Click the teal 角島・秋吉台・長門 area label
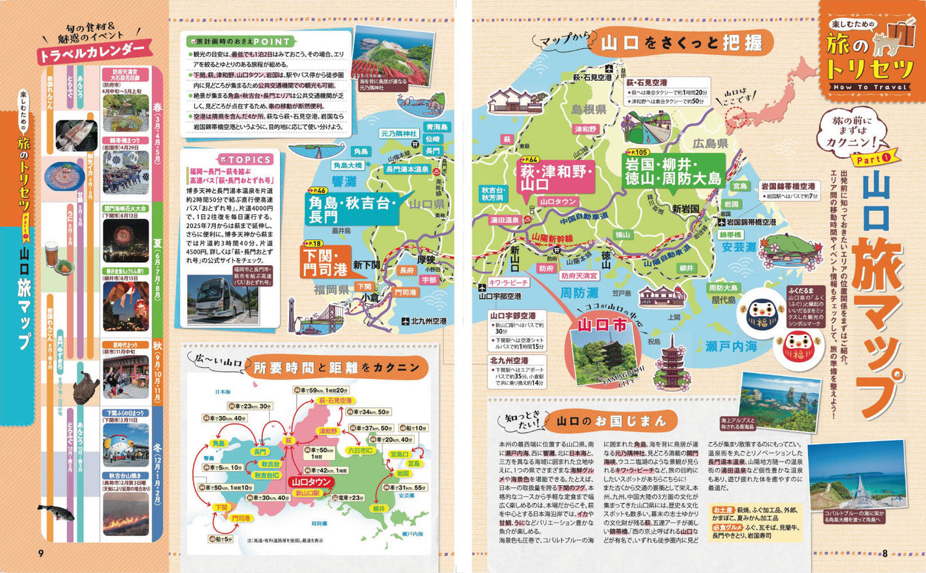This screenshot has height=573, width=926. click(x=353, y=209)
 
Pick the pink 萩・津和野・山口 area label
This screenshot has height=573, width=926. click(x=557, y=176)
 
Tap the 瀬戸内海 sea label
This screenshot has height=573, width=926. click(x=731, y=346)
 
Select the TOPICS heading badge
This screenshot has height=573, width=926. click(x=245, y=160)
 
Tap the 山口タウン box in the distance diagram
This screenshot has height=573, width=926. click(x=311, y=481)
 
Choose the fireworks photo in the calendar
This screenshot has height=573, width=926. click(x=126, y=240)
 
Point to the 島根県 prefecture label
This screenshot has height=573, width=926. click(x=589, y=109)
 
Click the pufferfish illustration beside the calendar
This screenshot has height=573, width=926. click(x=56, y=511)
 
